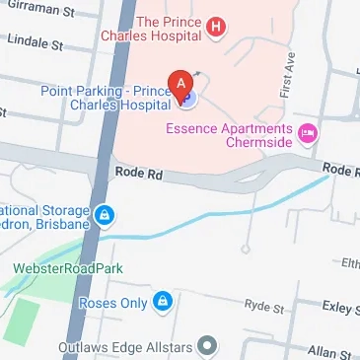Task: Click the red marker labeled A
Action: [180, 83]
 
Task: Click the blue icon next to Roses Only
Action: [164, 301]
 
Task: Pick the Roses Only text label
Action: [117, 302]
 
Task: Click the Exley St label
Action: [341, 309]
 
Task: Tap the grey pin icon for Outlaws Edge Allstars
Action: [207, 345]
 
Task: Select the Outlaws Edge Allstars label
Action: [133, 345]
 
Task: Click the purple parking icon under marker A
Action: [187, 98]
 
